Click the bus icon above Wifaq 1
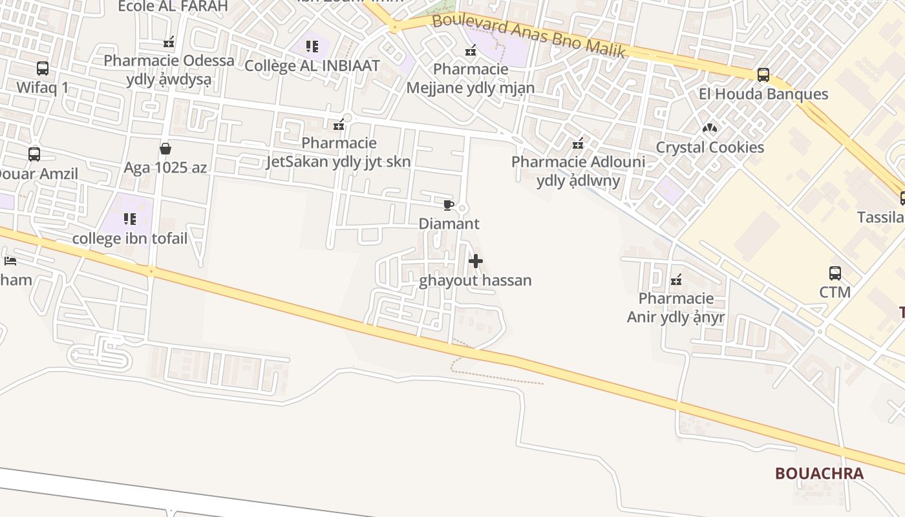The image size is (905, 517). pyautogui.click(x=42, y=68)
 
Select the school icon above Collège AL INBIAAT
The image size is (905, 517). pyautogui.click(x=312, y=47)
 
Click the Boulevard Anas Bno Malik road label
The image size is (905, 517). pyautogui.click(x=528, y=35)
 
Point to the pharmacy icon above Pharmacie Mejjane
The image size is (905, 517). pyautogui.click(x=471, y=50)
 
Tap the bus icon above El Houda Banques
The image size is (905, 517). pyautogui.click(x=763, y=74)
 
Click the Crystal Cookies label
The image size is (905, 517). pyautogui.click(x=710, y=147)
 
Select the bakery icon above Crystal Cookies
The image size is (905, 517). pyautogui.click(x=710, y=128)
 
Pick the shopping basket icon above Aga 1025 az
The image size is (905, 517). pyautogui.click(x=165, y=149)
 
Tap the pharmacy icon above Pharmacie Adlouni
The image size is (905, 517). pyautogui.click(x=578, y=143)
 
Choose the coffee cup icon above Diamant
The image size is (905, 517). pyautogui.click(x=448, y=206)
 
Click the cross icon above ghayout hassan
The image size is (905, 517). pyautogui.click(x=476, y=261)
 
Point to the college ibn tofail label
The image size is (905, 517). pyautogui.click(x=130, y=238)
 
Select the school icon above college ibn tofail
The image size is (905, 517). pyautogui.click(x=130, y=219)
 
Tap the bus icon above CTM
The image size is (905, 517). pyautogui.click(x=835, y=273)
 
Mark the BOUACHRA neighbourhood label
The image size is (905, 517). pyautogui.click(x=819, y=474)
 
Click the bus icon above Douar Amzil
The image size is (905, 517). pyautogui.click(x=34, y=154)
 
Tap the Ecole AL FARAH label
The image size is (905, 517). pyautogui.click(x=173, y=6)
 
